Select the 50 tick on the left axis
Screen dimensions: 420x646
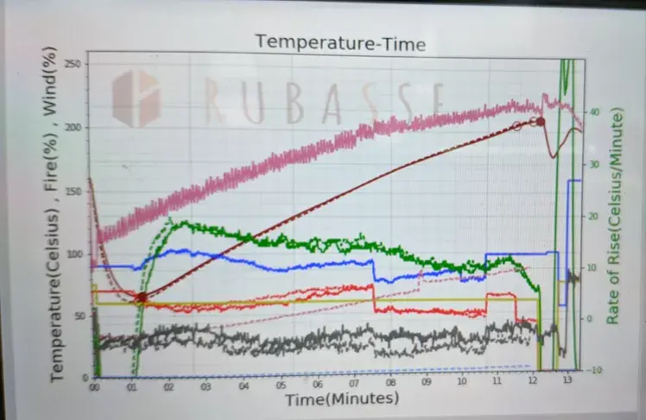(79, 317)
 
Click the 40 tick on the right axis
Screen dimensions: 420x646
(594, 112)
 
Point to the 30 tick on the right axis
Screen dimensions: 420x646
(594, 164)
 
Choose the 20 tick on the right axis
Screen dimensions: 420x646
(594, 216)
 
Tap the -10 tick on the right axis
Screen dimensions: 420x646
(594, 370)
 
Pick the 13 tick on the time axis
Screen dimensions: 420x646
(567, 379)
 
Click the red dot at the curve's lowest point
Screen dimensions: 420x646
(142, 297)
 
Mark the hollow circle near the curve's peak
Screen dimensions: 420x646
(516, 126)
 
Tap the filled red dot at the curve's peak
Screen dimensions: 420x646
(541, 122)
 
